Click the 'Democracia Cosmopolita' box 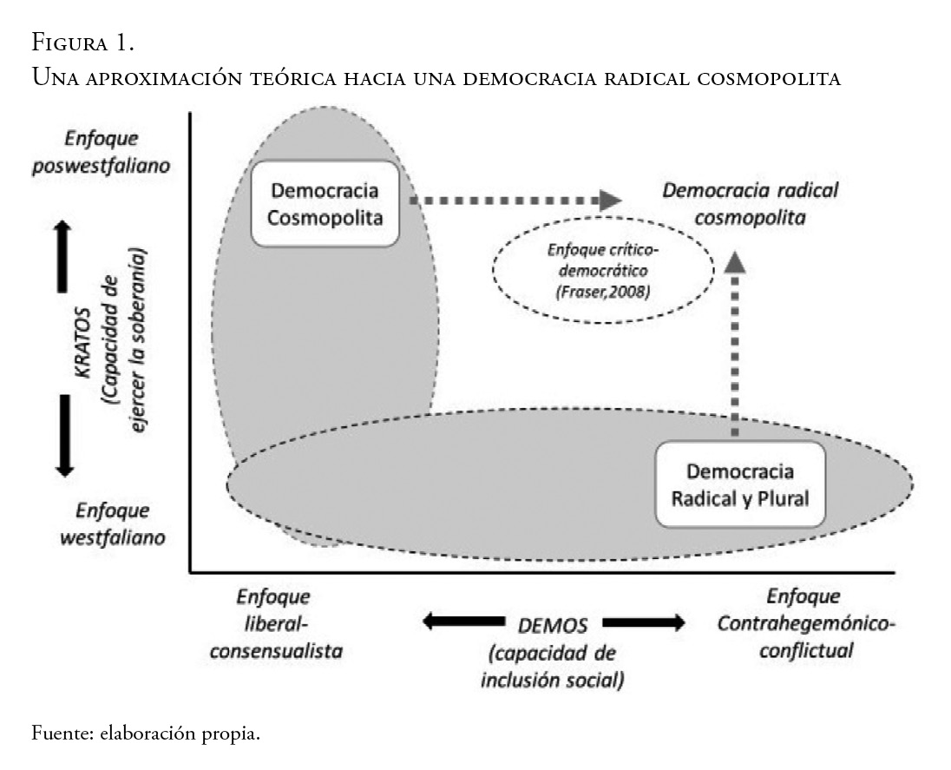pyautogui.click(x=325, y=203)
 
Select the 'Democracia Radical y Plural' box pyautogui.click(x=738, y=484)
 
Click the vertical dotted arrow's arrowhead pyautogui.click(x=734, y=261)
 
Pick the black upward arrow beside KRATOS pyautogui.click(x=62, y=258)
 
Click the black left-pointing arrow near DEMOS pyautogui.click(x=462, y=622)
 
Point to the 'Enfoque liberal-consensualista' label pyautogui.click(x=274, y=623)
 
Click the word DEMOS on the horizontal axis pyautogui.click(x=554, y=625)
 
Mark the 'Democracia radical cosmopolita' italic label pyautogui.click(x=751, y=203)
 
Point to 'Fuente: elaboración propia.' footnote pyautogui.click(x=146, y=734)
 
